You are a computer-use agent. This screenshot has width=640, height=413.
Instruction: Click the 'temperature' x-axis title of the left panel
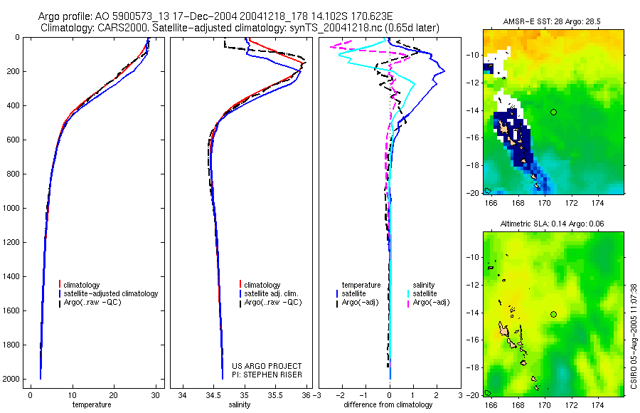click(92, 404)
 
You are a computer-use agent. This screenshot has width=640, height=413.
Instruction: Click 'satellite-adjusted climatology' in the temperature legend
click(116, 293)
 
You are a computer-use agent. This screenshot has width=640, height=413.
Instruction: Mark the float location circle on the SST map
click(553, 112)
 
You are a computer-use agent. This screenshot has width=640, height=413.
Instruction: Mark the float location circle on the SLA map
click(553, 314)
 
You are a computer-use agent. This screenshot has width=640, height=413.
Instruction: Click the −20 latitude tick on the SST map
click(473, 192)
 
